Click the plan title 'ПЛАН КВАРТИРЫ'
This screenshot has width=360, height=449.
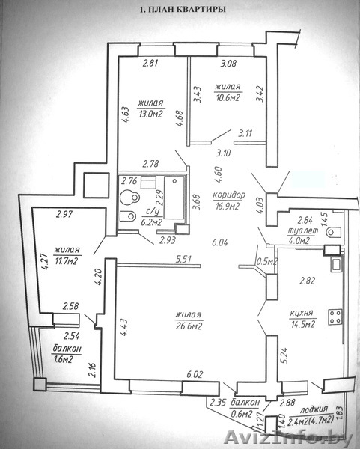[x=187, y=10]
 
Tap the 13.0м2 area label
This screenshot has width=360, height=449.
[x=150, y=114]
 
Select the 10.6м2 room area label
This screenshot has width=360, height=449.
[x=228, y=97]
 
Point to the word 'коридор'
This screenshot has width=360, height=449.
[x=229, y=195]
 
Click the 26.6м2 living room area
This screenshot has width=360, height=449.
[x=189, y=326]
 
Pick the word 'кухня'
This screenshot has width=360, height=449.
[x=302, y=313]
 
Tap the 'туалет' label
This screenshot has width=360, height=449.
[x=303, y=230]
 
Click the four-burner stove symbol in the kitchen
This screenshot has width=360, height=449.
[x=335, y=317]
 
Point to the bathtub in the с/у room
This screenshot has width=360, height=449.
[x=174, y=198]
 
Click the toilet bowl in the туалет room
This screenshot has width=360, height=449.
[x=334, y=232]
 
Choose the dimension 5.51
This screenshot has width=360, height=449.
[x=183, y=260]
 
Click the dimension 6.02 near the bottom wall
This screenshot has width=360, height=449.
[x=195, y=374]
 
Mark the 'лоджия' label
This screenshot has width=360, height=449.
[x=314, y=409]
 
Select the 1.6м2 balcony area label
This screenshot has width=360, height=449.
[x=63, y=359]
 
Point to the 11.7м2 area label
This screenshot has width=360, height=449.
[x=67, y=261]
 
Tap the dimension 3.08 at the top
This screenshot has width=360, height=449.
[x=228, y=64]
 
